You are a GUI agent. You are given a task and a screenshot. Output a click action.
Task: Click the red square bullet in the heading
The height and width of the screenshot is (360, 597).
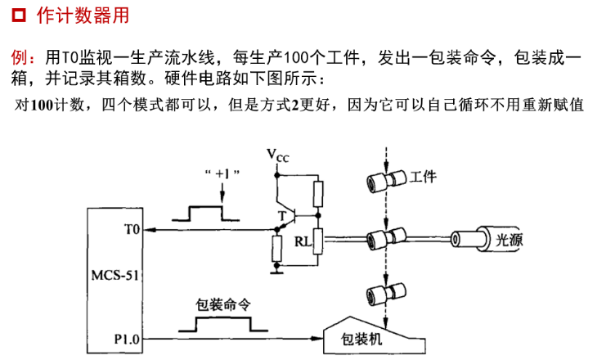(x=19, y=16)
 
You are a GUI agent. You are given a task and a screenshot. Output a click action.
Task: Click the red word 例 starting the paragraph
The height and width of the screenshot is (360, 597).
(x=19, y=57)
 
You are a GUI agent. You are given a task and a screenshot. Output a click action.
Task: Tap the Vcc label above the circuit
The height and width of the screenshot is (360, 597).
(x=277, y=155)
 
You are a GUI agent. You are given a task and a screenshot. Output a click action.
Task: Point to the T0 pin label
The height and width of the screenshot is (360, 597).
(x=132, y=229)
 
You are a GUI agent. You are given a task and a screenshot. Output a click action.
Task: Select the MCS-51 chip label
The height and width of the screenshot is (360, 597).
(x=115, y=275)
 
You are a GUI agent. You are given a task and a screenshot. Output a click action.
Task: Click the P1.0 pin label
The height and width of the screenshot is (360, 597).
(x=127, y=339)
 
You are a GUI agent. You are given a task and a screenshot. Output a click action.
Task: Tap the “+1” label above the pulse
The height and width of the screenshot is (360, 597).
(x=222, y=174)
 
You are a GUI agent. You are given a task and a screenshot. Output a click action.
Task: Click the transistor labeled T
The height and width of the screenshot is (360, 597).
(x=287, y=216)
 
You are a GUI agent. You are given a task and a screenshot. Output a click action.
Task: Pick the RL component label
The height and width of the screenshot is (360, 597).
(x=303, y=241)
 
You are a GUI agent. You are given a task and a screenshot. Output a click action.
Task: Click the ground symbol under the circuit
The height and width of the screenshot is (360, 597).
(x=276, y=272)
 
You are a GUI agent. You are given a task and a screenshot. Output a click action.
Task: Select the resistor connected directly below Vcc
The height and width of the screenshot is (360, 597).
(x=318, y=194)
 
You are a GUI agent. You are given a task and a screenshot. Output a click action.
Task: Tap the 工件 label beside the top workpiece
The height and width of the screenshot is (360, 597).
(x=423, y=177)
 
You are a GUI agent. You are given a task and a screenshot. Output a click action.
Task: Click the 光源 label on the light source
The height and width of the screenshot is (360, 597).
(x=509, y=240)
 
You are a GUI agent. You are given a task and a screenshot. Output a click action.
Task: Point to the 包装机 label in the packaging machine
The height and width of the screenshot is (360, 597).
(x=361, y=339)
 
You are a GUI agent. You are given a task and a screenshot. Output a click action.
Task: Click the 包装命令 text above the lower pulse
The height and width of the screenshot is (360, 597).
(x=223, y=304)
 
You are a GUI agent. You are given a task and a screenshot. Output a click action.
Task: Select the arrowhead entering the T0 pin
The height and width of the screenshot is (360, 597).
(x=150, y=230)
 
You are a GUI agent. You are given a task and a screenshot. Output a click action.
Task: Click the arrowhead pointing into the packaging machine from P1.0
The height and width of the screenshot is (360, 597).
(x=316, y=338)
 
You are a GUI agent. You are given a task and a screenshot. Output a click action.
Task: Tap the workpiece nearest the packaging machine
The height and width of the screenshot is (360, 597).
(x=386, y=294)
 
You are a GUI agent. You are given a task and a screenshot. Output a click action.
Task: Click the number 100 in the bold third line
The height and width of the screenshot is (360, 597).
(x=42, y=106)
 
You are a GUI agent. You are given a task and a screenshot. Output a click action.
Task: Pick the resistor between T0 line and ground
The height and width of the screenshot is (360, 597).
(x=276, y=248)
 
